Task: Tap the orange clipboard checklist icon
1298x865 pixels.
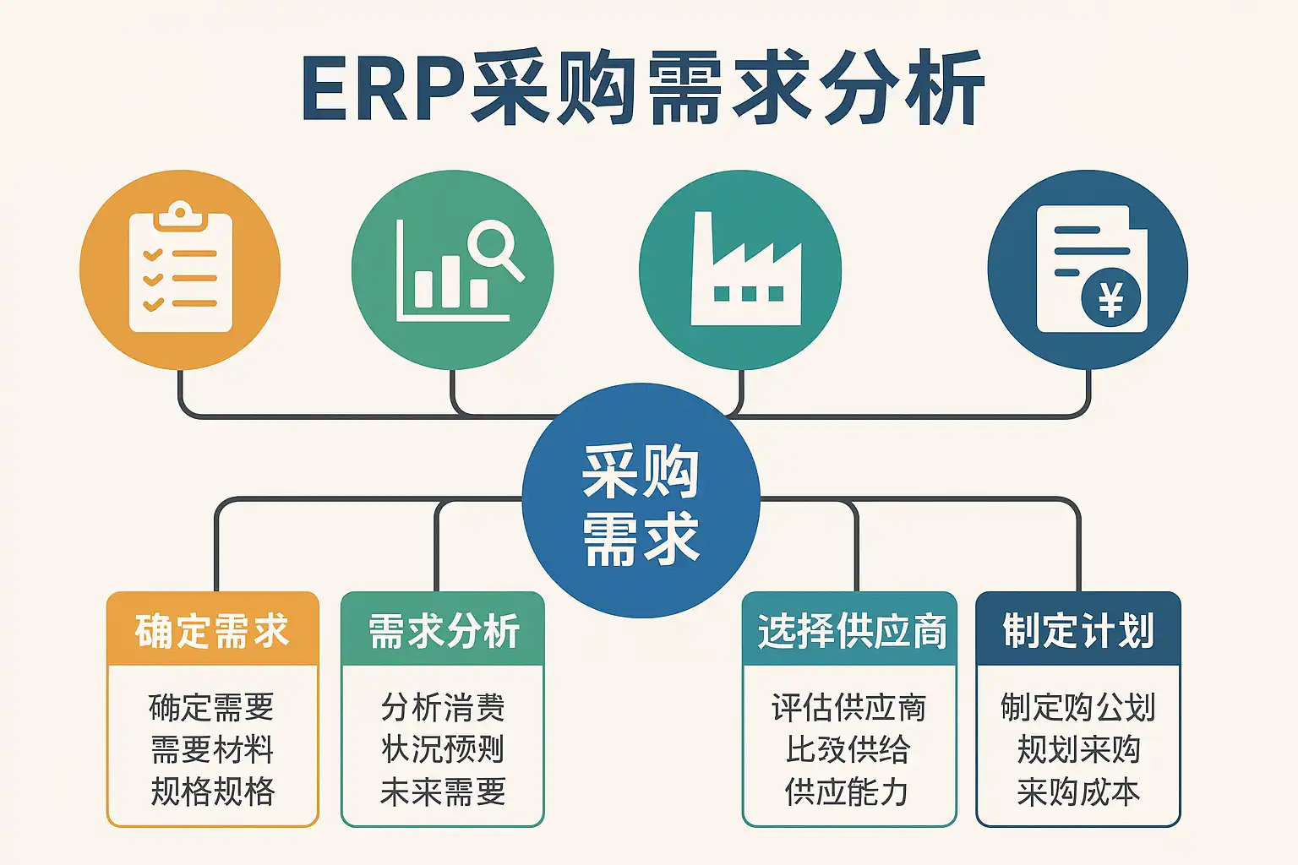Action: point(180,269)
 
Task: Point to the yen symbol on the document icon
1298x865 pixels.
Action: point(1110,298)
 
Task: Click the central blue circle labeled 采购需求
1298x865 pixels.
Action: point(641,503)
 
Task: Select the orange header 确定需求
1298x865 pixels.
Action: point(212,631)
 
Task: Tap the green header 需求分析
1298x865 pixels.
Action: point(443,631)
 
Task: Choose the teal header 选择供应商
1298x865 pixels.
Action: point(850,631)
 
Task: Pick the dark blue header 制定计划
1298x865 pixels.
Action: point(1078,631)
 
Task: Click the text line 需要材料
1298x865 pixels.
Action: point(212,749)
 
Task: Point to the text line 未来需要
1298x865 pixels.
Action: point(443,792)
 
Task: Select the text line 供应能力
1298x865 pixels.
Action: point(848,792)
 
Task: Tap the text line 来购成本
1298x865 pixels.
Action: point(1078,792)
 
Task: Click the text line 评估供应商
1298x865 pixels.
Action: point(848,707)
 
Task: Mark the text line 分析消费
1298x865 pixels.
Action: point(443,707)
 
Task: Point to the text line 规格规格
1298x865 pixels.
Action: point(212,792)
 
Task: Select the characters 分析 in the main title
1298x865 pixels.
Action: point(903,90)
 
